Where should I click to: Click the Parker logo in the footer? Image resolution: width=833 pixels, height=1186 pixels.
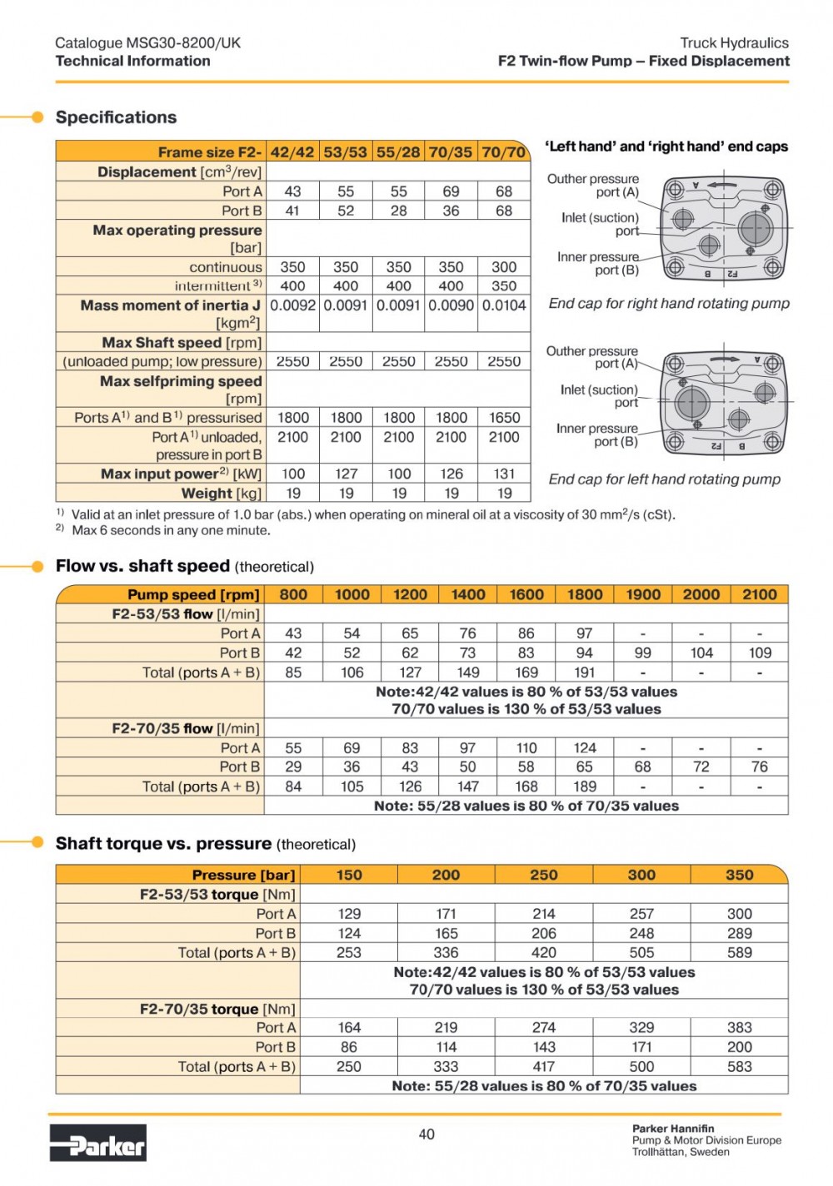[98, 1143]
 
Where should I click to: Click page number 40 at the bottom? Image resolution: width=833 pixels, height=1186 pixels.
[426, 1134]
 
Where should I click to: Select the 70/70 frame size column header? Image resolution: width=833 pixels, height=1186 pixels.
[504, 152]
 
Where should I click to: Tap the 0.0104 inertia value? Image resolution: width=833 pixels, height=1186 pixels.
[504, 305]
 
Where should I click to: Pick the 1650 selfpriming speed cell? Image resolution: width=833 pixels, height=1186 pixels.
[504, 418]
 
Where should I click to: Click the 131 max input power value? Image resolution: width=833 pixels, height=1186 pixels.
[504, 474]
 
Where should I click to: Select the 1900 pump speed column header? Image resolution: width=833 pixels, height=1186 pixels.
[642, 594]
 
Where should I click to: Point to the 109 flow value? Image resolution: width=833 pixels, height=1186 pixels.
[760, 653]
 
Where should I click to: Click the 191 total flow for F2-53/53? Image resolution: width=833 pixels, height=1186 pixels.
[585, 672]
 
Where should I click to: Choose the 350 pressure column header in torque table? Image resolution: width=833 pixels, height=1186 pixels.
[739, 875]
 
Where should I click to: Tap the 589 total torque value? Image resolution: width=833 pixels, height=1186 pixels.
[739, 953]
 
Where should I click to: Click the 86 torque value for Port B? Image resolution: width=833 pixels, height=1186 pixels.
[348, 1047]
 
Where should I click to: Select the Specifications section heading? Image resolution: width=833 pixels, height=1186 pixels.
[116, 117]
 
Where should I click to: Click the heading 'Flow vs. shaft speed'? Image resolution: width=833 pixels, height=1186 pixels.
[142, 566]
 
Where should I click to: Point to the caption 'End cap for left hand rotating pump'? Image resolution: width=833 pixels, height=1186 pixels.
[664, 479]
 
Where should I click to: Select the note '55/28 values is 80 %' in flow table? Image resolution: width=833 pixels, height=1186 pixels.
[526, 806]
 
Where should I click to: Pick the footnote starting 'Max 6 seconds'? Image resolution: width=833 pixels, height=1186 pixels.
[171, 530]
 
